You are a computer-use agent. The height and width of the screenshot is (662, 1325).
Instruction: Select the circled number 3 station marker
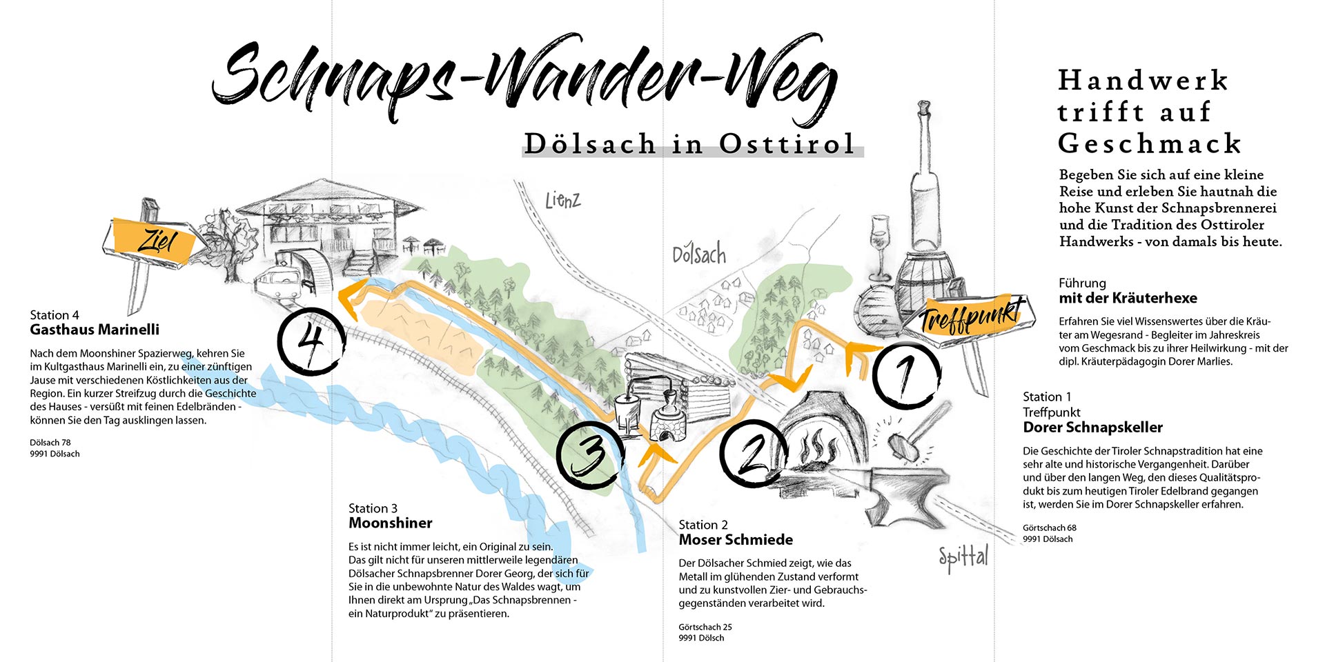[590, 455]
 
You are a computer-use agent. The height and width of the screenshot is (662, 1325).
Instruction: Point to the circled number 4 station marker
[311, 341]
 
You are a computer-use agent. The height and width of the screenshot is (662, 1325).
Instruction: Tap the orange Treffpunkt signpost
[973, 317]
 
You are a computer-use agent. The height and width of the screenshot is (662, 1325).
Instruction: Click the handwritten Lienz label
[562, 201]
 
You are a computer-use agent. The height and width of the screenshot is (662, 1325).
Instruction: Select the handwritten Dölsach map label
[699, 254]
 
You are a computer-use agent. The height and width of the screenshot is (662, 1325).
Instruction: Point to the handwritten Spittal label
[963, 557]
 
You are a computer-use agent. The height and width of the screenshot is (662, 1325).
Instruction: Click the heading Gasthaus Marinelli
[95, 330]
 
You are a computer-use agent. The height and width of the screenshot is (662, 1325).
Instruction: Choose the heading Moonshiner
[391, 523]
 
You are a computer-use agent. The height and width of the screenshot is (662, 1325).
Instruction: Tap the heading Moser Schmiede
[736, 539]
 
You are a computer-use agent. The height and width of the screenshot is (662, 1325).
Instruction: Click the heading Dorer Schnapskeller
[1092, 428]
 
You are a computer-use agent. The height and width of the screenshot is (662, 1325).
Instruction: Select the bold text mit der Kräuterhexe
[1128, 298]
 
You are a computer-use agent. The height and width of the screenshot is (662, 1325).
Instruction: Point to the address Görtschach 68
[1050, 528]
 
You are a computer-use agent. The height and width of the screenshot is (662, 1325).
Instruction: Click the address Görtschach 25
[705, 627]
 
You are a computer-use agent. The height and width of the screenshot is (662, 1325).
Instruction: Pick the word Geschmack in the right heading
[1150, 143]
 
